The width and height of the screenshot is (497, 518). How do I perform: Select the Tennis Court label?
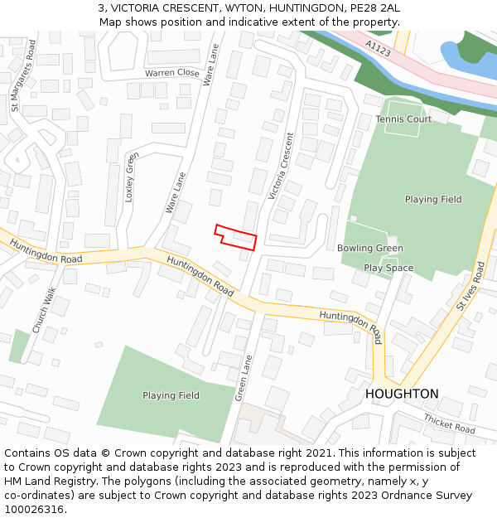coord(403,119)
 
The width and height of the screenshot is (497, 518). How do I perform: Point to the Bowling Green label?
coord(370,248)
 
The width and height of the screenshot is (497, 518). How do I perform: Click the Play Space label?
coord(388,268)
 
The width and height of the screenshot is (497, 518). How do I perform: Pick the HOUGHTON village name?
coord(402,394)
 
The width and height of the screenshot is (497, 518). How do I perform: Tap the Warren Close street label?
coord(172,73)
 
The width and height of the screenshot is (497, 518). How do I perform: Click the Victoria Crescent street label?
coord(282,166)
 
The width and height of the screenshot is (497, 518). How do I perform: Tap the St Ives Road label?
coord(470,286)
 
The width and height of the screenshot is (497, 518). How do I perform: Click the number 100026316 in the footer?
coord(34,509)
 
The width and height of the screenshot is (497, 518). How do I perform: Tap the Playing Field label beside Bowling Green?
coord(433,200)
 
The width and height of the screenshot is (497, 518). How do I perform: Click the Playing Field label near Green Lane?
coord(171,395)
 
